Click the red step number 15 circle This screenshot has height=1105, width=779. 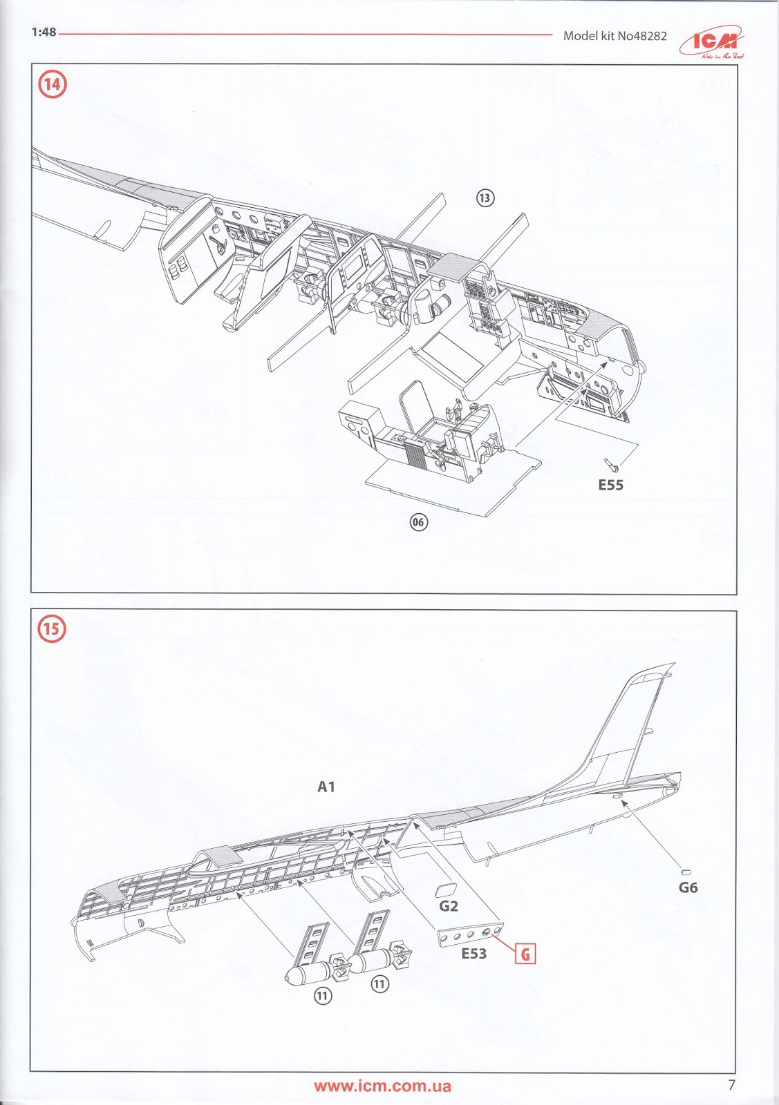tap(53, 629)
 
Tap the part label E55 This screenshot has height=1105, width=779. tap(610, 486)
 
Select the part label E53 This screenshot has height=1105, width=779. tap(474, 954)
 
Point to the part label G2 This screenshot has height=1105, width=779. tap(449, 905)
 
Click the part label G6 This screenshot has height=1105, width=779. tap(688, 887)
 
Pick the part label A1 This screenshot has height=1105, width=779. tap(326, 787)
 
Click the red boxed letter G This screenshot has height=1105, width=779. tap(525, 954)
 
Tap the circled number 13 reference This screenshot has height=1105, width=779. tap(485, 198)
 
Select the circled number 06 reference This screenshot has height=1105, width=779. tap(419, 522)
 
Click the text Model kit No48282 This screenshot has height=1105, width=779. tap(614, 36)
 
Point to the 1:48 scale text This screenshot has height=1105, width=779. tap(44, 32)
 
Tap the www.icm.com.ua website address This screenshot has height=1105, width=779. tap(382, 1086)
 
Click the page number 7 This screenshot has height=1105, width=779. tap(731, 1084)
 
